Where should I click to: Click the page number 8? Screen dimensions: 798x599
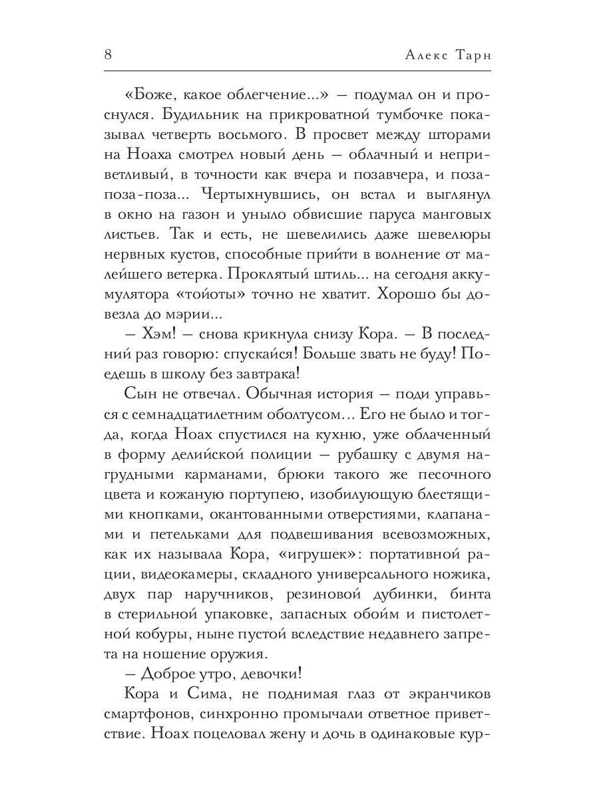pyautogui.click(x=108, y=55)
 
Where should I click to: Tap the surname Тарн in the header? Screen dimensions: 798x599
pyautogui.click(x=466, y=55)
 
